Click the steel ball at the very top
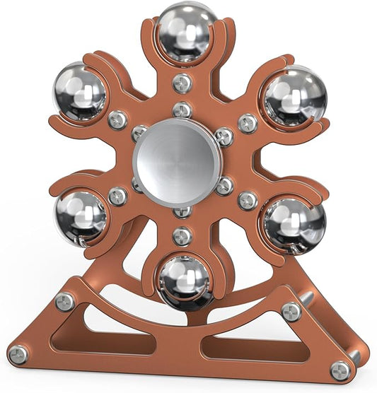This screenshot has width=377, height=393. click(186, 32)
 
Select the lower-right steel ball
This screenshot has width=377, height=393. click(294, 224)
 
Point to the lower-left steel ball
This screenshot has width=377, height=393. click(81, 216)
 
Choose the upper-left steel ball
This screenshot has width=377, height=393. click(79, 92)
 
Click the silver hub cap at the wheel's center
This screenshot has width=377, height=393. click(177, 163)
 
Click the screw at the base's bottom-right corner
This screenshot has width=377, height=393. click(341, 370)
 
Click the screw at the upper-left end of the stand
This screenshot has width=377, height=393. click(65, 303)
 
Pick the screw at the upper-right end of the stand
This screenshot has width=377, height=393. click(291, 312)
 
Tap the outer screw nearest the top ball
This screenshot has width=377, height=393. click(182, 83)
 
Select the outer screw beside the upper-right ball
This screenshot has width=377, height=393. click(248, 123)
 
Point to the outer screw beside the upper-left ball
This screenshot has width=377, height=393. click(118, 119)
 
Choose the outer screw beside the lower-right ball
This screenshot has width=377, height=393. click(247, 200)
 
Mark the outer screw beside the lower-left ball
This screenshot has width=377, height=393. click(118, 196)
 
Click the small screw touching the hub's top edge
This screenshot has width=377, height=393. click(182, 110)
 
